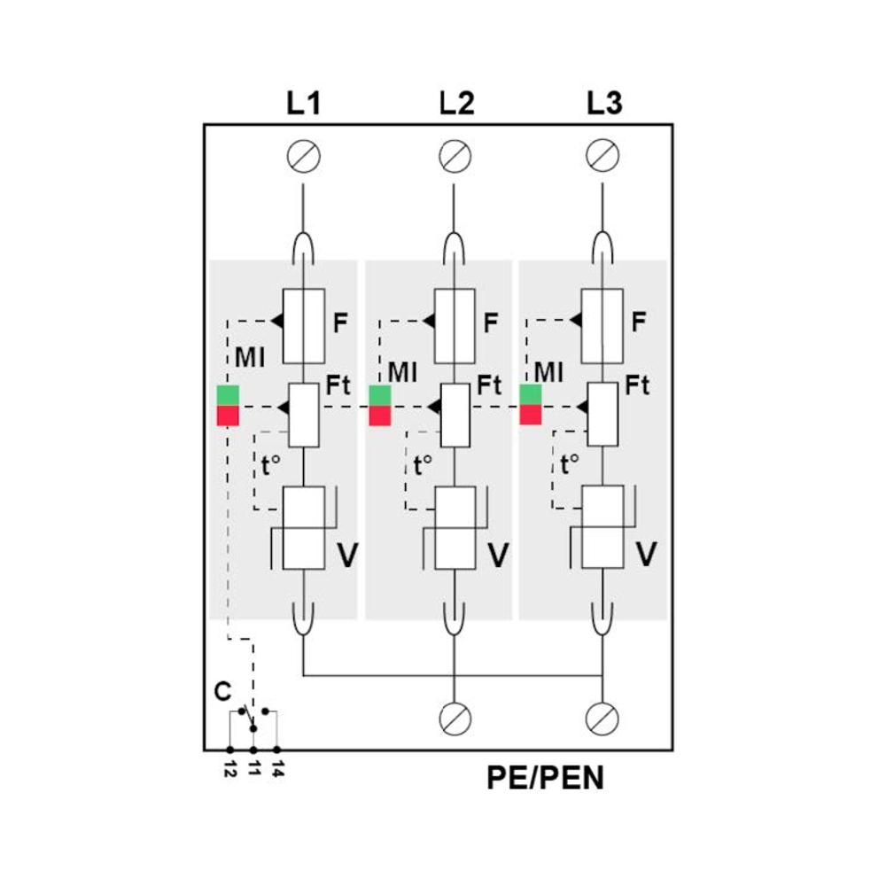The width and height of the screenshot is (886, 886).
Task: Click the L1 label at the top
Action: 303,104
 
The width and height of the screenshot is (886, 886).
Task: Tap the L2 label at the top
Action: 456,104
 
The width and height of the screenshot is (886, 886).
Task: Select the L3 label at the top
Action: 604,104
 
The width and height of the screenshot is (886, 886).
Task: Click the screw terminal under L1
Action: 304,157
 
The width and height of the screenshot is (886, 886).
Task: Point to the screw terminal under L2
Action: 455,157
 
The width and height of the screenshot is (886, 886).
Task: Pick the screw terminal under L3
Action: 602,157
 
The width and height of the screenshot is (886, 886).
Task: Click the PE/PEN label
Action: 545,778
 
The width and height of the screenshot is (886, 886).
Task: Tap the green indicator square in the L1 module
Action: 228,395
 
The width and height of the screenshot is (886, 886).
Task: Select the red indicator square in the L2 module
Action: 380,416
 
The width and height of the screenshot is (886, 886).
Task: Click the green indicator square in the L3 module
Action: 531,395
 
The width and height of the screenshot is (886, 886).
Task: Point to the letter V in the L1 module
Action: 348,556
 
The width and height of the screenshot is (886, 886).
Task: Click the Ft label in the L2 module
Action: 489,385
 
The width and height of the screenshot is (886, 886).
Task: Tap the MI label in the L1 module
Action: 251,359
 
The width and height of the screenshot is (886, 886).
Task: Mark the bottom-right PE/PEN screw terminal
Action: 602,718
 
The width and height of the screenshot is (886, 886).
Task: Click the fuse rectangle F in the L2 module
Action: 455,326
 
